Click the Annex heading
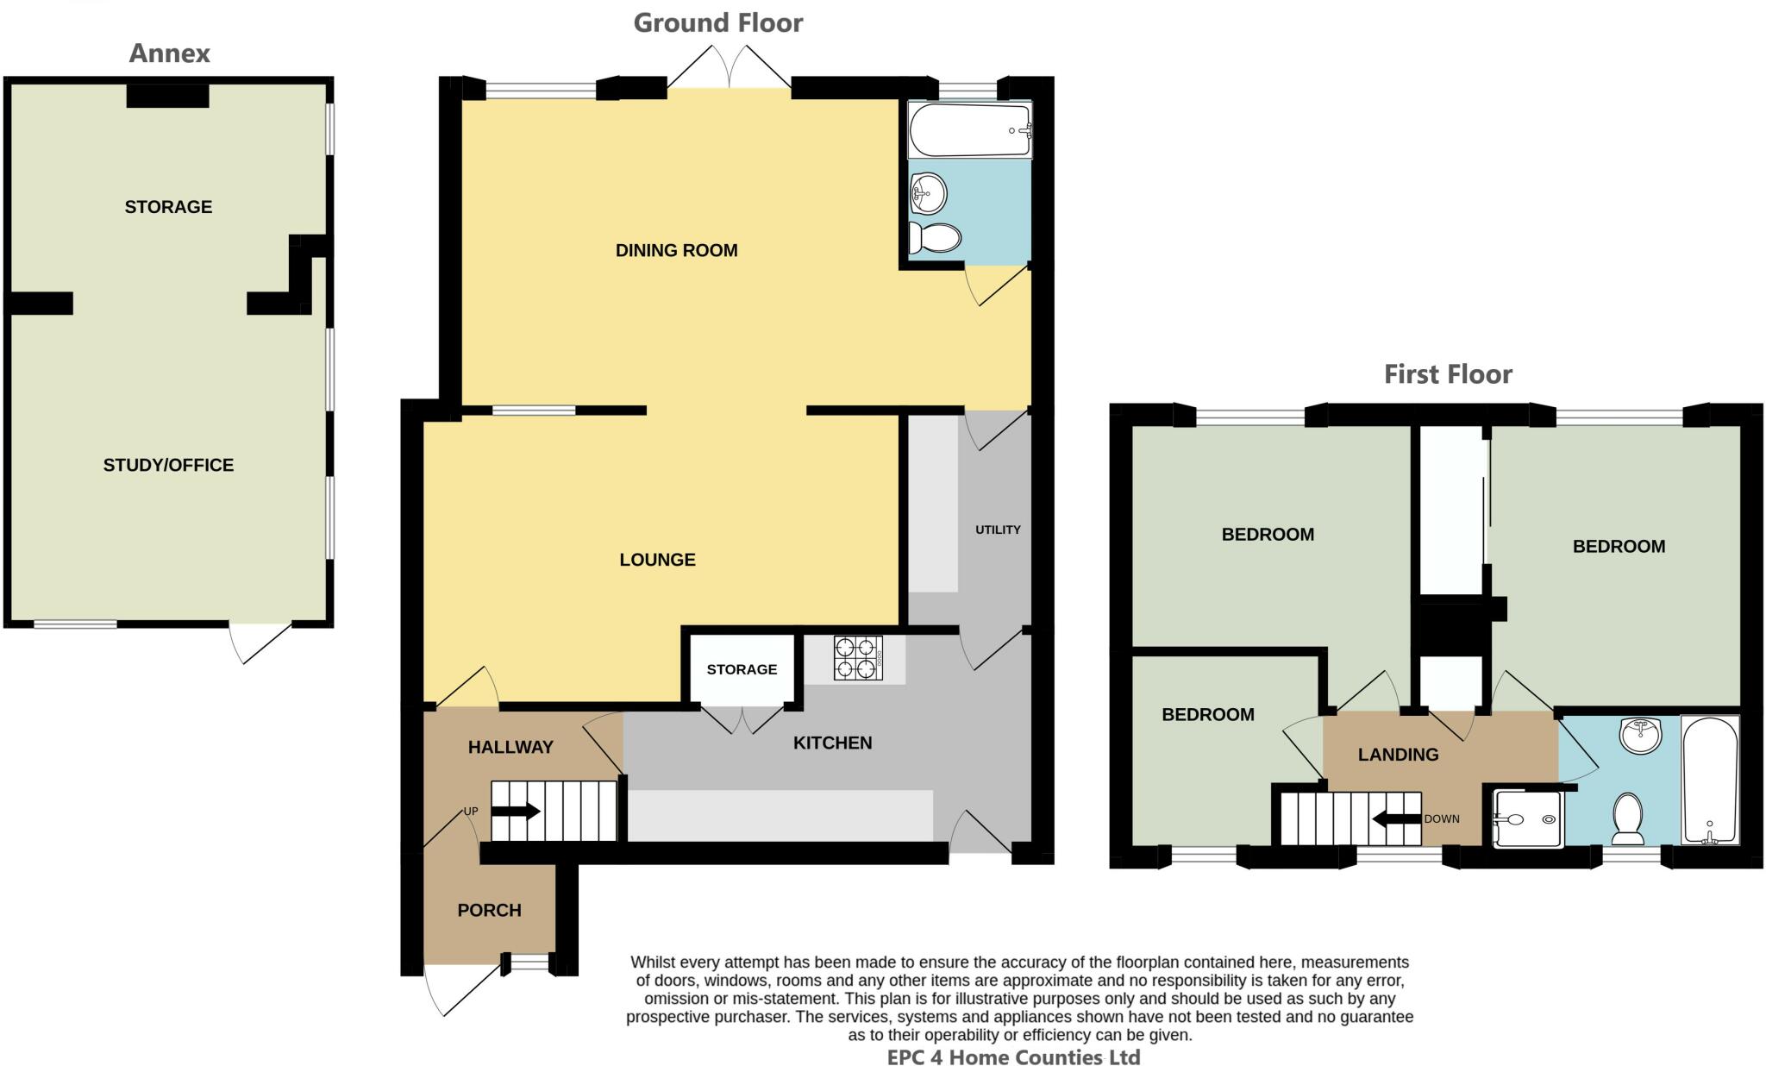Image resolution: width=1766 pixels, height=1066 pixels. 169,53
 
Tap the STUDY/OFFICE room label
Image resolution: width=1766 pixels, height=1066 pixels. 168,466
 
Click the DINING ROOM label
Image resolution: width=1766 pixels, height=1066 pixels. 676,251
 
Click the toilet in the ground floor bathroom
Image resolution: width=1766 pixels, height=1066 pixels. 935,237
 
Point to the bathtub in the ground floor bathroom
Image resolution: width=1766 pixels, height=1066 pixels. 969,130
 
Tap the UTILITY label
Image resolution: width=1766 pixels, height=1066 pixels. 998,530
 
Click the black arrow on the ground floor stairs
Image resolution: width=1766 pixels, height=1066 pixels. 516,812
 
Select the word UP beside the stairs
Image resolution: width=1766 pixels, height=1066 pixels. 471,812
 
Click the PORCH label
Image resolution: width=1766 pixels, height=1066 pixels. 489,911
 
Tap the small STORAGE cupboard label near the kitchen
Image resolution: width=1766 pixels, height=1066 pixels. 742,669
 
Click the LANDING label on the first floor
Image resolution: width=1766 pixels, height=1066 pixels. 1398,755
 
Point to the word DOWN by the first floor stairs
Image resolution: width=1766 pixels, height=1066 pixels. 1441,818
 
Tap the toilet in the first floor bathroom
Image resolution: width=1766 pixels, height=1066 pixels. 1627,818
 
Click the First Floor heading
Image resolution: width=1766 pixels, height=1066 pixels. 1448,374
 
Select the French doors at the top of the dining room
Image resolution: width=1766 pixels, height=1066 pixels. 730,67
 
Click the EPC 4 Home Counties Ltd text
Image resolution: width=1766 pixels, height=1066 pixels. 1013,1057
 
